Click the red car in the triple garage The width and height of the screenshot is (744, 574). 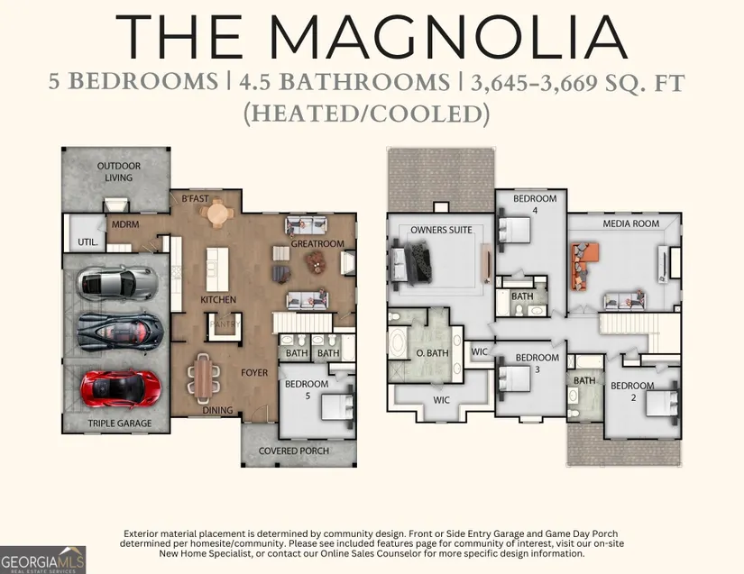click(121, 387)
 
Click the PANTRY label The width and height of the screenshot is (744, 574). click(225, 324)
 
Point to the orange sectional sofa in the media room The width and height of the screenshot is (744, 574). click(583, 266)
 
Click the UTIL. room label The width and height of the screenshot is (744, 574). click(87, 242)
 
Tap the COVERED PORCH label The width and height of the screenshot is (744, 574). click(294, 451)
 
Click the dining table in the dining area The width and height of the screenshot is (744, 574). click(204, 376)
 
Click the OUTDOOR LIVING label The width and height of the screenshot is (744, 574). click(119, 171)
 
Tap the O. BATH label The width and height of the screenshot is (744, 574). click(432, 353)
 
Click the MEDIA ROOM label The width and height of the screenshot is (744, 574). click(630, 223)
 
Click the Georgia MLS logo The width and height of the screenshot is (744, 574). click(42, 560)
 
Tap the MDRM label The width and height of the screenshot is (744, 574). click(125, 224)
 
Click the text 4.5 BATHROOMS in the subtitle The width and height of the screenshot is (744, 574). click(344, 83)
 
